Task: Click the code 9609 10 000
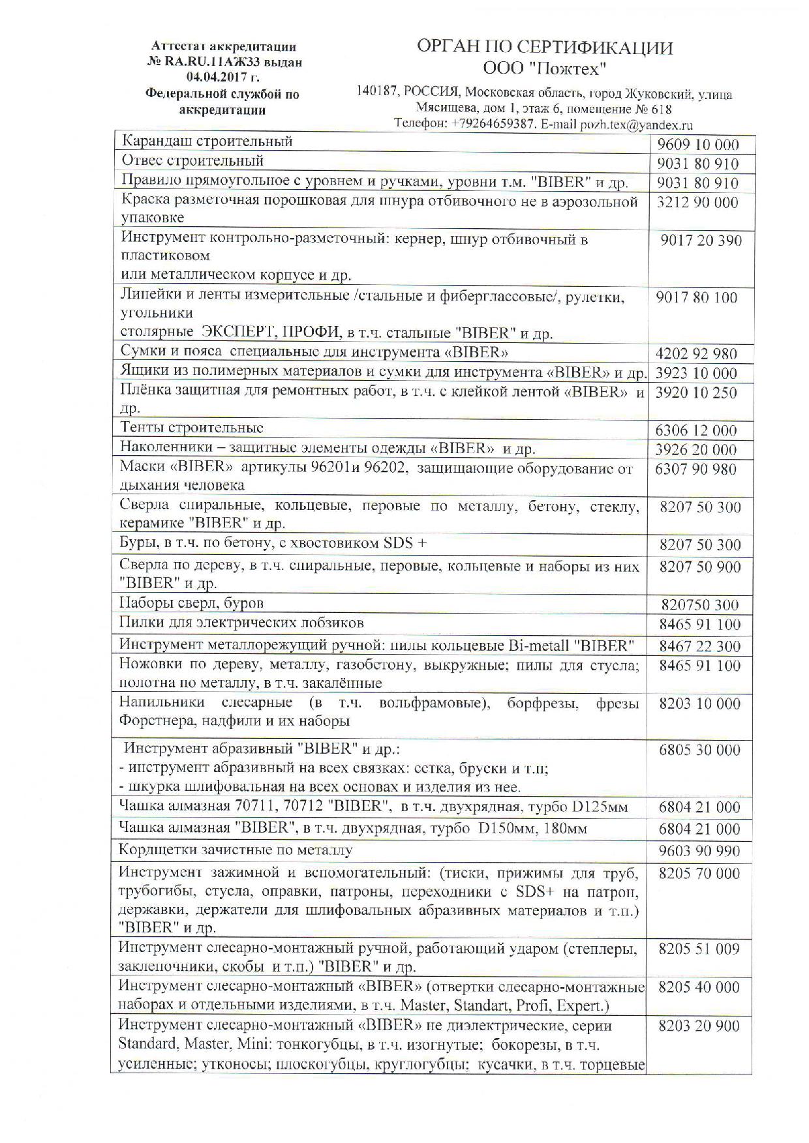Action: pos(697,145)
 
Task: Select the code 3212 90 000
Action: pos(697,202)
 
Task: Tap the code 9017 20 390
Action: pos(701,241)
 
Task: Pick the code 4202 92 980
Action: pos(696,354)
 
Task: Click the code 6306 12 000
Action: pos(696,430)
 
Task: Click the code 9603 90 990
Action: pos(699,851)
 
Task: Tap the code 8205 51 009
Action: pos(699,949)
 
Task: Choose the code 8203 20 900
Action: pos(699,1026)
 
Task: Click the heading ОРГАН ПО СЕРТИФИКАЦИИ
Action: pos(545,48)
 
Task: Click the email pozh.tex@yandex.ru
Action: pos(636,125)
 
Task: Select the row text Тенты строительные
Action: pos(192,428)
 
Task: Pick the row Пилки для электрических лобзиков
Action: pos(241,623)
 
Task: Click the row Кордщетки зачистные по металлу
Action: pos(236,850)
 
